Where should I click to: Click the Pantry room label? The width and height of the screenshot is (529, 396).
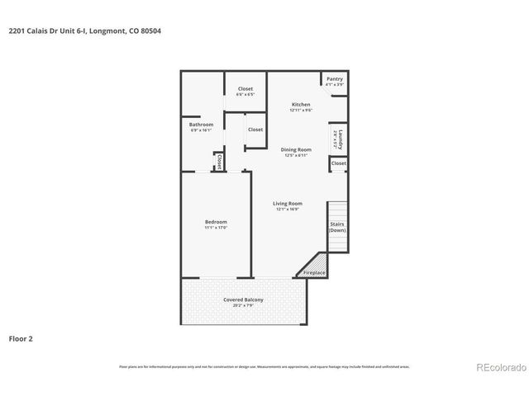[334, 79]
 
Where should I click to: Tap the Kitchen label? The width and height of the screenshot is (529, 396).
[301, 105]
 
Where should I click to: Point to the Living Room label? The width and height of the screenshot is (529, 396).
[288, 203]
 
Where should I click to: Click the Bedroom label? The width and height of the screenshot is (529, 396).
[216, 221]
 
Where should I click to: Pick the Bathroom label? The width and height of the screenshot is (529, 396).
[202, 125]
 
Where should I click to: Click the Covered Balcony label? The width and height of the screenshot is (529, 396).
[243, 299]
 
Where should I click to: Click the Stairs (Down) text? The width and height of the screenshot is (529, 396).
[337, 227]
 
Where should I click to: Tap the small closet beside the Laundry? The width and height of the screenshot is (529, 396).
[338, 163]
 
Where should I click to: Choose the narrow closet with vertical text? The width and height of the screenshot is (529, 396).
[219, 161]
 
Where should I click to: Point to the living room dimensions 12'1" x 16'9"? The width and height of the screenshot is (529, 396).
[288, 209]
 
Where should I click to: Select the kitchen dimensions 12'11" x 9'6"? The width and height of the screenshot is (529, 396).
[301, 111]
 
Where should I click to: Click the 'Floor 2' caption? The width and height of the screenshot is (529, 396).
[21, 338]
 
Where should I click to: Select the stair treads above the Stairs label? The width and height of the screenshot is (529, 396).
[337, 210]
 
